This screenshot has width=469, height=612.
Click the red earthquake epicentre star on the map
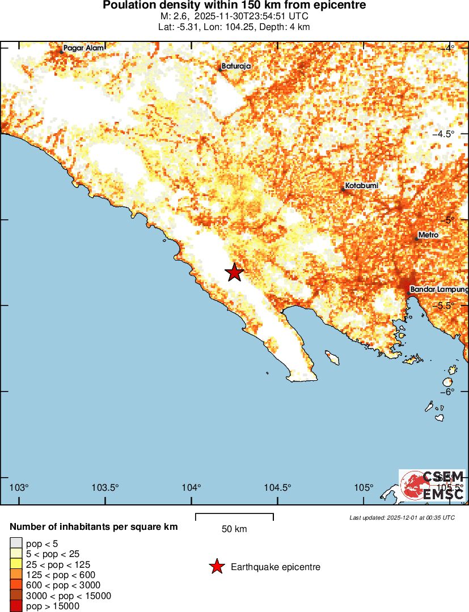click(x=235, y=273)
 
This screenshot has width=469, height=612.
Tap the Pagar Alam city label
click(x=83, y=48)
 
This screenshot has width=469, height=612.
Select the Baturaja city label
click(x=236, y=66)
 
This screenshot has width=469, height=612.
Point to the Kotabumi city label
click(x=361, y=186)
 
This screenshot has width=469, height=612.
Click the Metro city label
click(x=428, y=235)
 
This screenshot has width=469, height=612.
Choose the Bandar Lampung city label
click(x=439, y=290)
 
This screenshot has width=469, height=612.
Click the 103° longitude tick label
click(x=19, y=488)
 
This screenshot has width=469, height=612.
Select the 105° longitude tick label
click(x=364, y=488)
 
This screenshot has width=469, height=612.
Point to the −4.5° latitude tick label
click(x=443, y=134)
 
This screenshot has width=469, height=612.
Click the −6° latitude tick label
click(x=448, y=392)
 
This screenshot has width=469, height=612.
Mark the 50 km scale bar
click(x=234, y=517)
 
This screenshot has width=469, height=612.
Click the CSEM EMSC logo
click(x=432, y=486)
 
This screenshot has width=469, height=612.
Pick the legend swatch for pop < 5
click(x=16, y=544)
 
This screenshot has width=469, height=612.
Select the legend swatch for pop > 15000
click(x=16, y=606)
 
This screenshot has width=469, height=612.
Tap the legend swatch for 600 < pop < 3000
click(x=16, y=585)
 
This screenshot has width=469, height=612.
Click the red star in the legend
click(x=216, y=567)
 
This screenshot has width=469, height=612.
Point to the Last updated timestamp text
click(x=402, y=517)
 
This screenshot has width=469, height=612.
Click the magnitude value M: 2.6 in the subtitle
click(x=173, y=16)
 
